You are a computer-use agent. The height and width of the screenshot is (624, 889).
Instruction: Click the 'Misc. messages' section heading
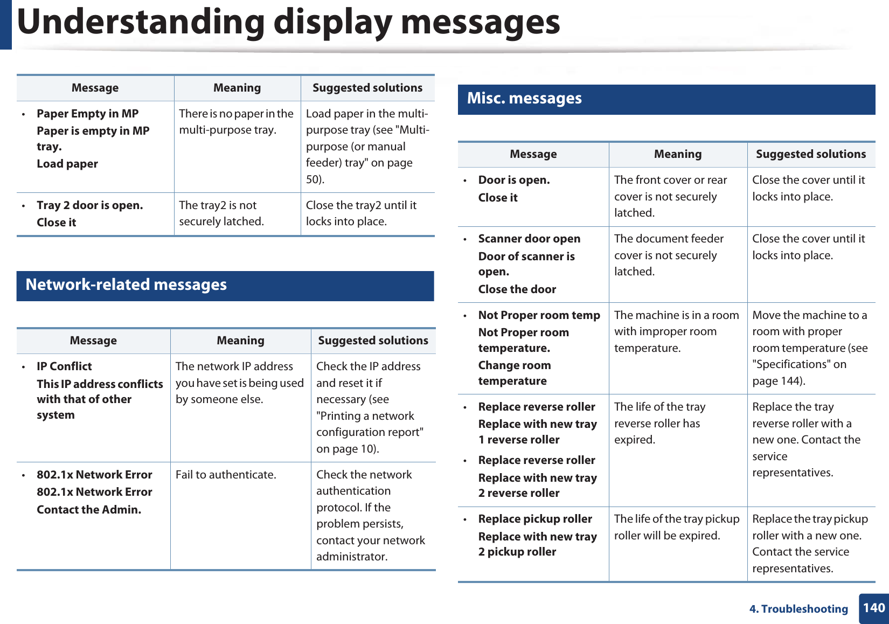tap(524, 99)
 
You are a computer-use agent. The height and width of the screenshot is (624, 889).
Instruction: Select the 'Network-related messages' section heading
tap(126, 285)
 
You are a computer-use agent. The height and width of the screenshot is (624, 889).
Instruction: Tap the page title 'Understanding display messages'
tap(289, 22)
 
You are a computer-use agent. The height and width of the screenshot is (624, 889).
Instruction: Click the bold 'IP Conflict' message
tap(64, 366)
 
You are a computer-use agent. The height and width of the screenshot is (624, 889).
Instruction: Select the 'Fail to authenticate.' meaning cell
tap(226, 475)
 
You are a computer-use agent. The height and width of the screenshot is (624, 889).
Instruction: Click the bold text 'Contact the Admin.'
tap(89, 510)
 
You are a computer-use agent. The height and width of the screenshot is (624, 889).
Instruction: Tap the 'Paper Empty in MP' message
tap(87, 114)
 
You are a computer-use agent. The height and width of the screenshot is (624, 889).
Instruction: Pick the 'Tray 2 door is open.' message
tap(89, 205)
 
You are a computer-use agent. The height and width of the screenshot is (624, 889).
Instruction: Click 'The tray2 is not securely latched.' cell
tap(221, 213)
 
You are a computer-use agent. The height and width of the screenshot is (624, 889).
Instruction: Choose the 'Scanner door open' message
tap(529, 239)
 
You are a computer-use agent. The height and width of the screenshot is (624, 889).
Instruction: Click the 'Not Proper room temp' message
tap(539, 315)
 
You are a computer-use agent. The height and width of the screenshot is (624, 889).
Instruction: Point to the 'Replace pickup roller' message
tap(535, 519)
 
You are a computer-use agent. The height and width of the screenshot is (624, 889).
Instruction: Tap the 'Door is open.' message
tap(514, 180)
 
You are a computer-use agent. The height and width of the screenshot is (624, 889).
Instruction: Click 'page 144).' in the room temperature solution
tap(779, 381)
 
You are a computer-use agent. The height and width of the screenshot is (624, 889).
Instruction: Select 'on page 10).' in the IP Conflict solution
tap(348, 449)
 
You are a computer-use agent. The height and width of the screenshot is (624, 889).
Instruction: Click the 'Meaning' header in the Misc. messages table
tap(678, 154)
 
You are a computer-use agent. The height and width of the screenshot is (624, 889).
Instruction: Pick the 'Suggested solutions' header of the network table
tap(373, 341)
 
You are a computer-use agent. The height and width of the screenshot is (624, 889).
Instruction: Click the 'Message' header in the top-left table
tap(95, 88)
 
